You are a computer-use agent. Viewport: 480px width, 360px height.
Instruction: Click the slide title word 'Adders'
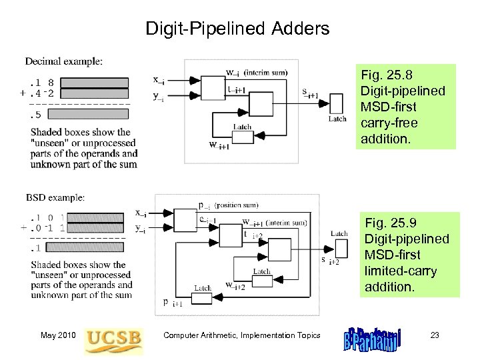301,29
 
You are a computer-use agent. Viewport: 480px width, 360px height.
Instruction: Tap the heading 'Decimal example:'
64,61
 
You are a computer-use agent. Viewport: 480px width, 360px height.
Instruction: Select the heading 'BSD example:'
55,197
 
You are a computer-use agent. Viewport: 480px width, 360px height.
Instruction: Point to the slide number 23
435,335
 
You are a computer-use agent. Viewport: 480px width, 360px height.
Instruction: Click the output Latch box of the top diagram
337,103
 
